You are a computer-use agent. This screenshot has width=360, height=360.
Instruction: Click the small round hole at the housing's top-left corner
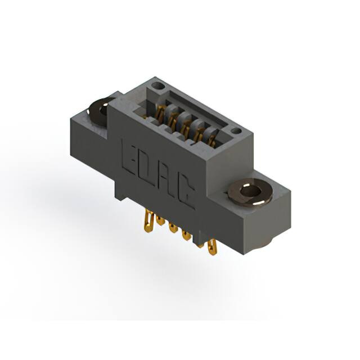click(x=157, y=87)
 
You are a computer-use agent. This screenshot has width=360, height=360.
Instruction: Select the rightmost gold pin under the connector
click(x=211, y=247)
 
